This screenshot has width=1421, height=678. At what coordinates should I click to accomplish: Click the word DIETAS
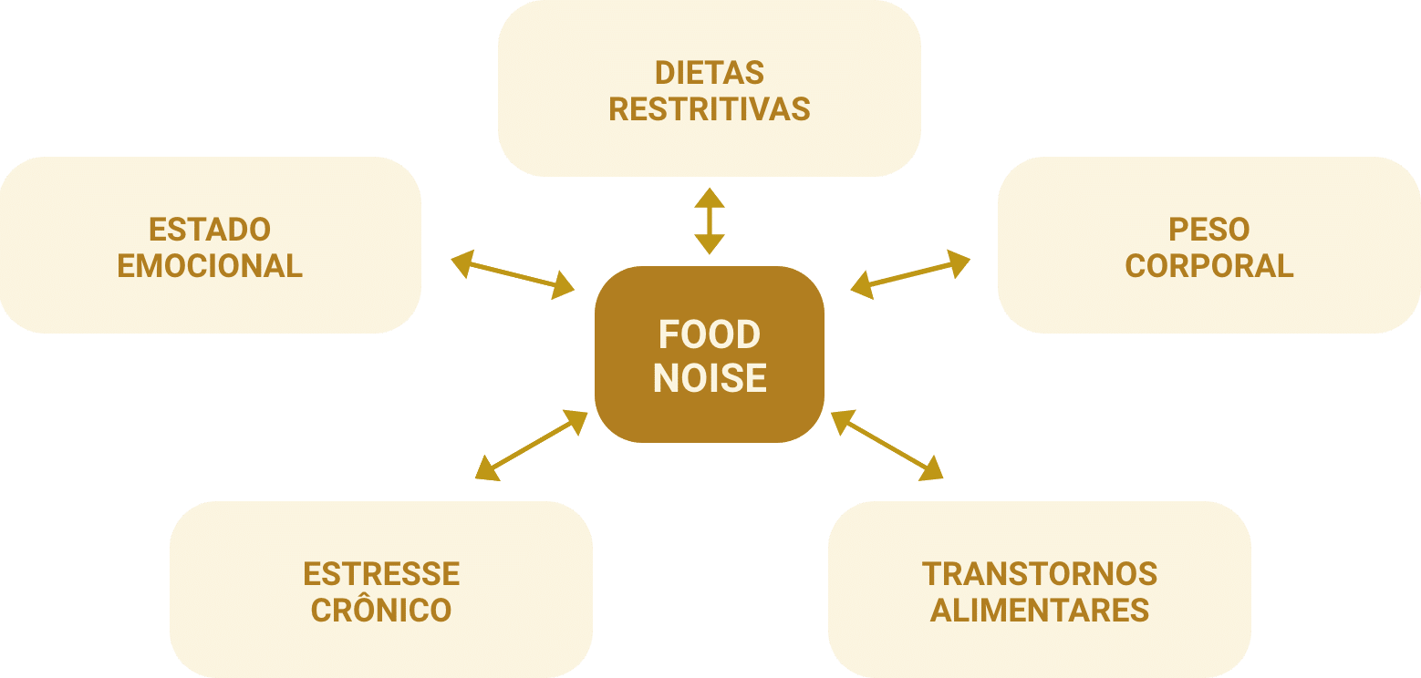[x=709, y=73]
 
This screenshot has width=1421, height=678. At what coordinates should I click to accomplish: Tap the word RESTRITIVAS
[x=709, y=109]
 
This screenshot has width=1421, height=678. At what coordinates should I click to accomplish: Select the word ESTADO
[x=210, y=229]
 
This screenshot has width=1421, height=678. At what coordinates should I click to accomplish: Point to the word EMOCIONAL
[x=210, y=266]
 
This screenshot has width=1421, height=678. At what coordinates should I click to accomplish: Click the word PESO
[x=1209, y=229]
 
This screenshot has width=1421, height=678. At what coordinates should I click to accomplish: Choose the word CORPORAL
[x=1209, y=266]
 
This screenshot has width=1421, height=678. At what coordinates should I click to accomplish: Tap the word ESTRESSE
[x=381, y=574]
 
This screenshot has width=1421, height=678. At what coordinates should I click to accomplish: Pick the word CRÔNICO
[x=381, y=611]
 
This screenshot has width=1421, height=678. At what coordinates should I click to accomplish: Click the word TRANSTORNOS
[x=1040, y=574]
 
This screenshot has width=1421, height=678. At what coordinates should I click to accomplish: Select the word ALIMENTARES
[x=1040, y=611]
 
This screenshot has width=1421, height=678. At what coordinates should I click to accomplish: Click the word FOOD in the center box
[x=710, y=335]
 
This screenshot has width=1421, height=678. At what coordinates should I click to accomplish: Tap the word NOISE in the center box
[x=710, y=378]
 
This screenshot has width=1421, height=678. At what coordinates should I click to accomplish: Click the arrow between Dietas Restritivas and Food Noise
[x=710, y=221]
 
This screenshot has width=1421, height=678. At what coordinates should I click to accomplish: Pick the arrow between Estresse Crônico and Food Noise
[x=532, y=445]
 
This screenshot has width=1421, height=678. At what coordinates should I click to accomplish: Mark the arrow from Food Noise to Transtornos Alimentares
[x=887, y=445]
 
